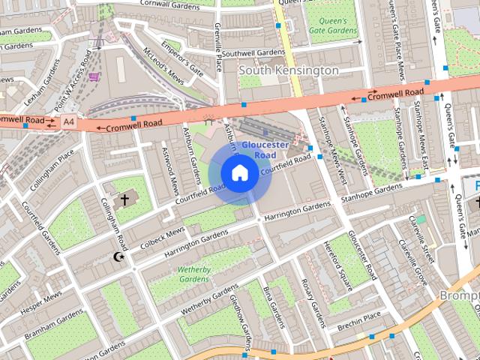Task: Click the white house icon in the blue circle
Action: (238, 172)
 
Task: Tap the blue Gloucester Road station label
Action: (259, 149)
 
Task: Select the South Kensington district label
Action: (289, 70)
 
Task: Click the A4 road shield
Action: (69, 121)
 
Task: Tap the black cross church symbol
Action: (124, 199)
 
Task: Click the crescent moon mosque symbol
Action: (117, 257)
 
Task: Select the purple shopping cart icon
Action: (94, 76)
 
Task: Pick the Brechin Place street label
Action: (361, 326)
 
